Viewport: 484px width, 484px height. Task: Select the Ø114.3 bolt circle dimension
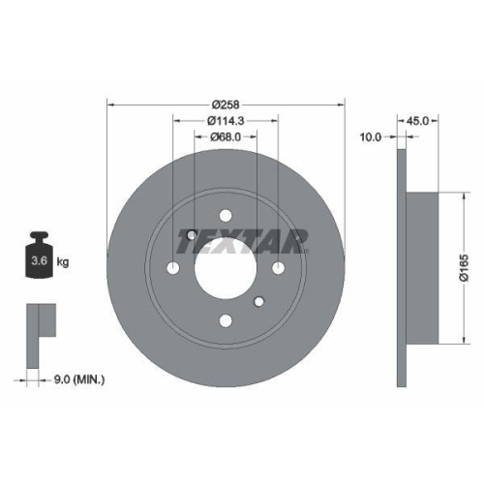(x=227, y=120)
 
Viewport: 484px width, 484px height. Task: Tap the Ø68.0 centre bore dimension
(x=227, y=138)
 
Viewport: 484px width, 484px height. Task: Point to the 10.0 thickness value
(x=372, y=136)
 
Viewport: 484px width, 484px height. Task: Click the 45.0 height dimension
(x=418, y=121)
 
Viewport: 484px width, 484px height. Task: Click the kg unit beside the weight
(x=63, y=262)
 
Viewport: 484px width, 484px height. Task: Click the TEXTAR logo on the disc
(x=242, y=238)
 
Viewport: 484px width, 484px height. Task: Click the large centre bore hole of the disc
(x=226, y=268)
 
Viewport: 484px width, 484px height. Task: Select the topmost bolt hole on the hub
(x=226, y=216)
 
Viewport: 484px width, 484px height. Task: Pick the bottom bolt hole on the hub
(x=226, y=320)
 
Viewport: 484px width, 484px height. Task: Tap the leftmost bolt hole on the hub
(x=174, y=268)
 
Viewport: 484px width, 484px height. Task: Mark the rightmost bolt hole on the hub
(x=278, y=268)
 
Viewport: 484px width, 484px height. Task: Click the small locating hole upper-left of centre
(x=192, y=234)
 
